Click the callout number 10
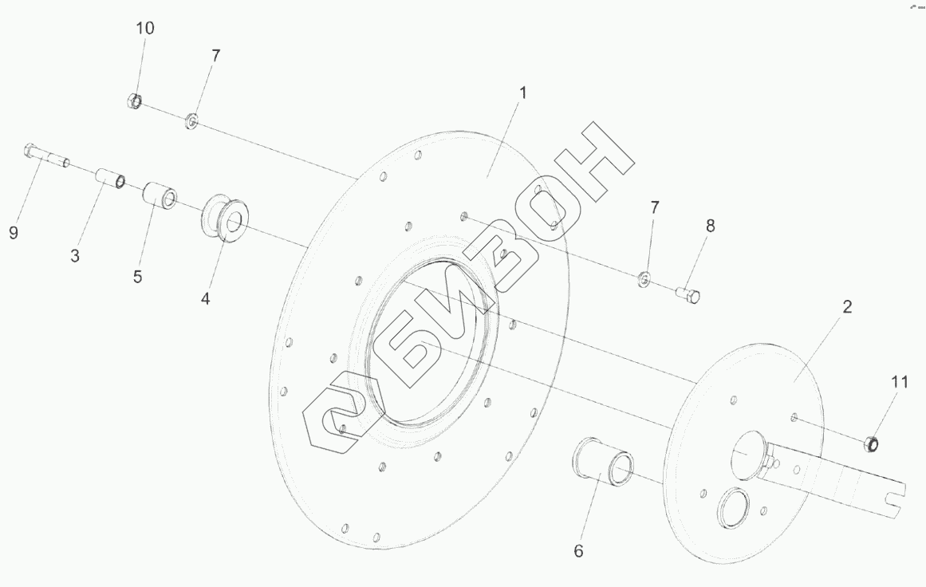[x=144, y=28]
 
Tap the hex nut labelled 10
[x=134, y=101]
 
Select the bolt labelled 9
[x=46, y=155]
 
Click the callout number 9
[x=14, y=233]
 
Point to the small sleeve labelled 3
[x=110, y=178]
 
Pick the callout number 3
[x=75, y=256]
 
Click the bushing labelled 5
[x=160, y=195]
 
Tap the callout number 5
[x=138, y=277]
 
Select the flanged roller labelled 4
[x=225, y=217]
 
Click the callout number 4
[x=205, y=299]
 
